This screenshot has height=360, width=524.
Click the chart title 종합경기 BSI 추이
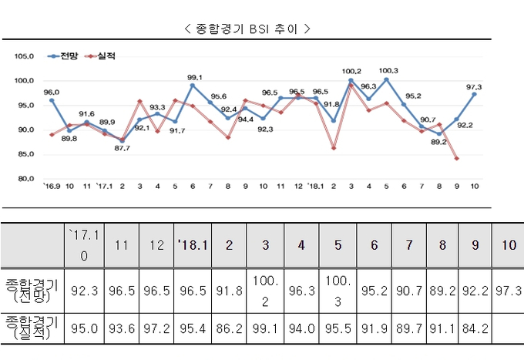[x=247, y=29]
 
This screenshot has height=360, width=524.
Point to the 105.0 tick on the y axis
[x=25, y=56]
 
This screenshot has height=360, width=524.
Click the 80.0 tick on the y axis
[x=25, y=179]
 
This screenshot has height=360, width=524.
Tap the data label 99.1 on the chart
[x=195, y=77]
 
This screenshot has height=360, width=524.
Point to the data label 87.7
[x=122, y=148]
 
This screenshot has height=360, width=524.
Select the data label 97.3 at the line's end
[x=475, y=87]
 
